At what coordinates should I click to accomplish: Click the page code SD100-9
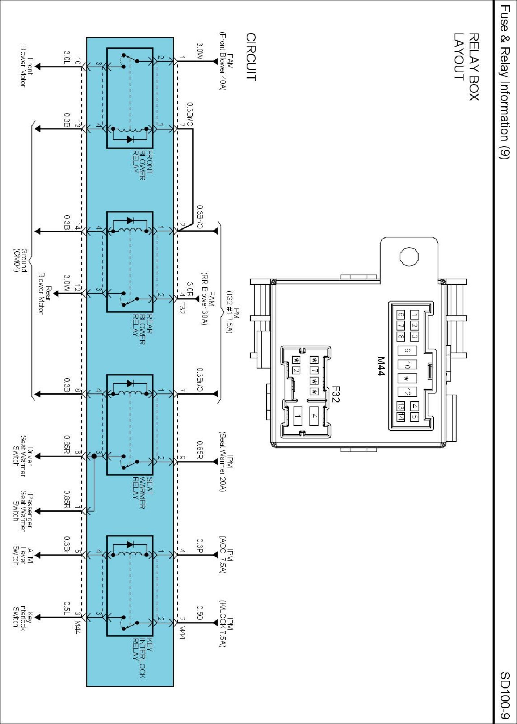505,695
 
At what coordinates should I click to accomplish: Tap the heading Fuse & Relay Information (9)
505,82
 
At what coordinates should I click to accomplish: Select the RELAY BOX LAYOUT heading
467,67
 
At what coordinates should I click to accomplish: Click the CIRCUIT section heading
251,57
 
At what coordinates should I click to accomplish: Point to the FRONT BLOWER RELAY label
142,165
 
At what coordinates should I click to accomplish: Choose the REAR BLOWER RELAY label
142,329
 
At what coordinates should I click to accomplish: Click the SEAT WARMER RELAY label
142,493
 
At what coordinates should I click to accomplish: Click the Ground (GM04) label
20,260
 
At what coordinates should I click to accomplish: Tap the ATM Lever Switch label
23,555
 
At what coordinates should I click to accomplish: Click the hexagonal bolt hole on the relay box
409,257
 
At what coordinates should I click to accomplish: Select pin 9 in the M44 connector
407,350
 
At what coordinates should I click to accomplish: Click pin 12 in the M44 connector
407,392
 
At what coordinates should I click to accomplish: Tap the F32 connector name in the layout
336,394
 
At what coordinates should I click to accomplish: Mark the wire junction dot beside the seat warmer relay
94,456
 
